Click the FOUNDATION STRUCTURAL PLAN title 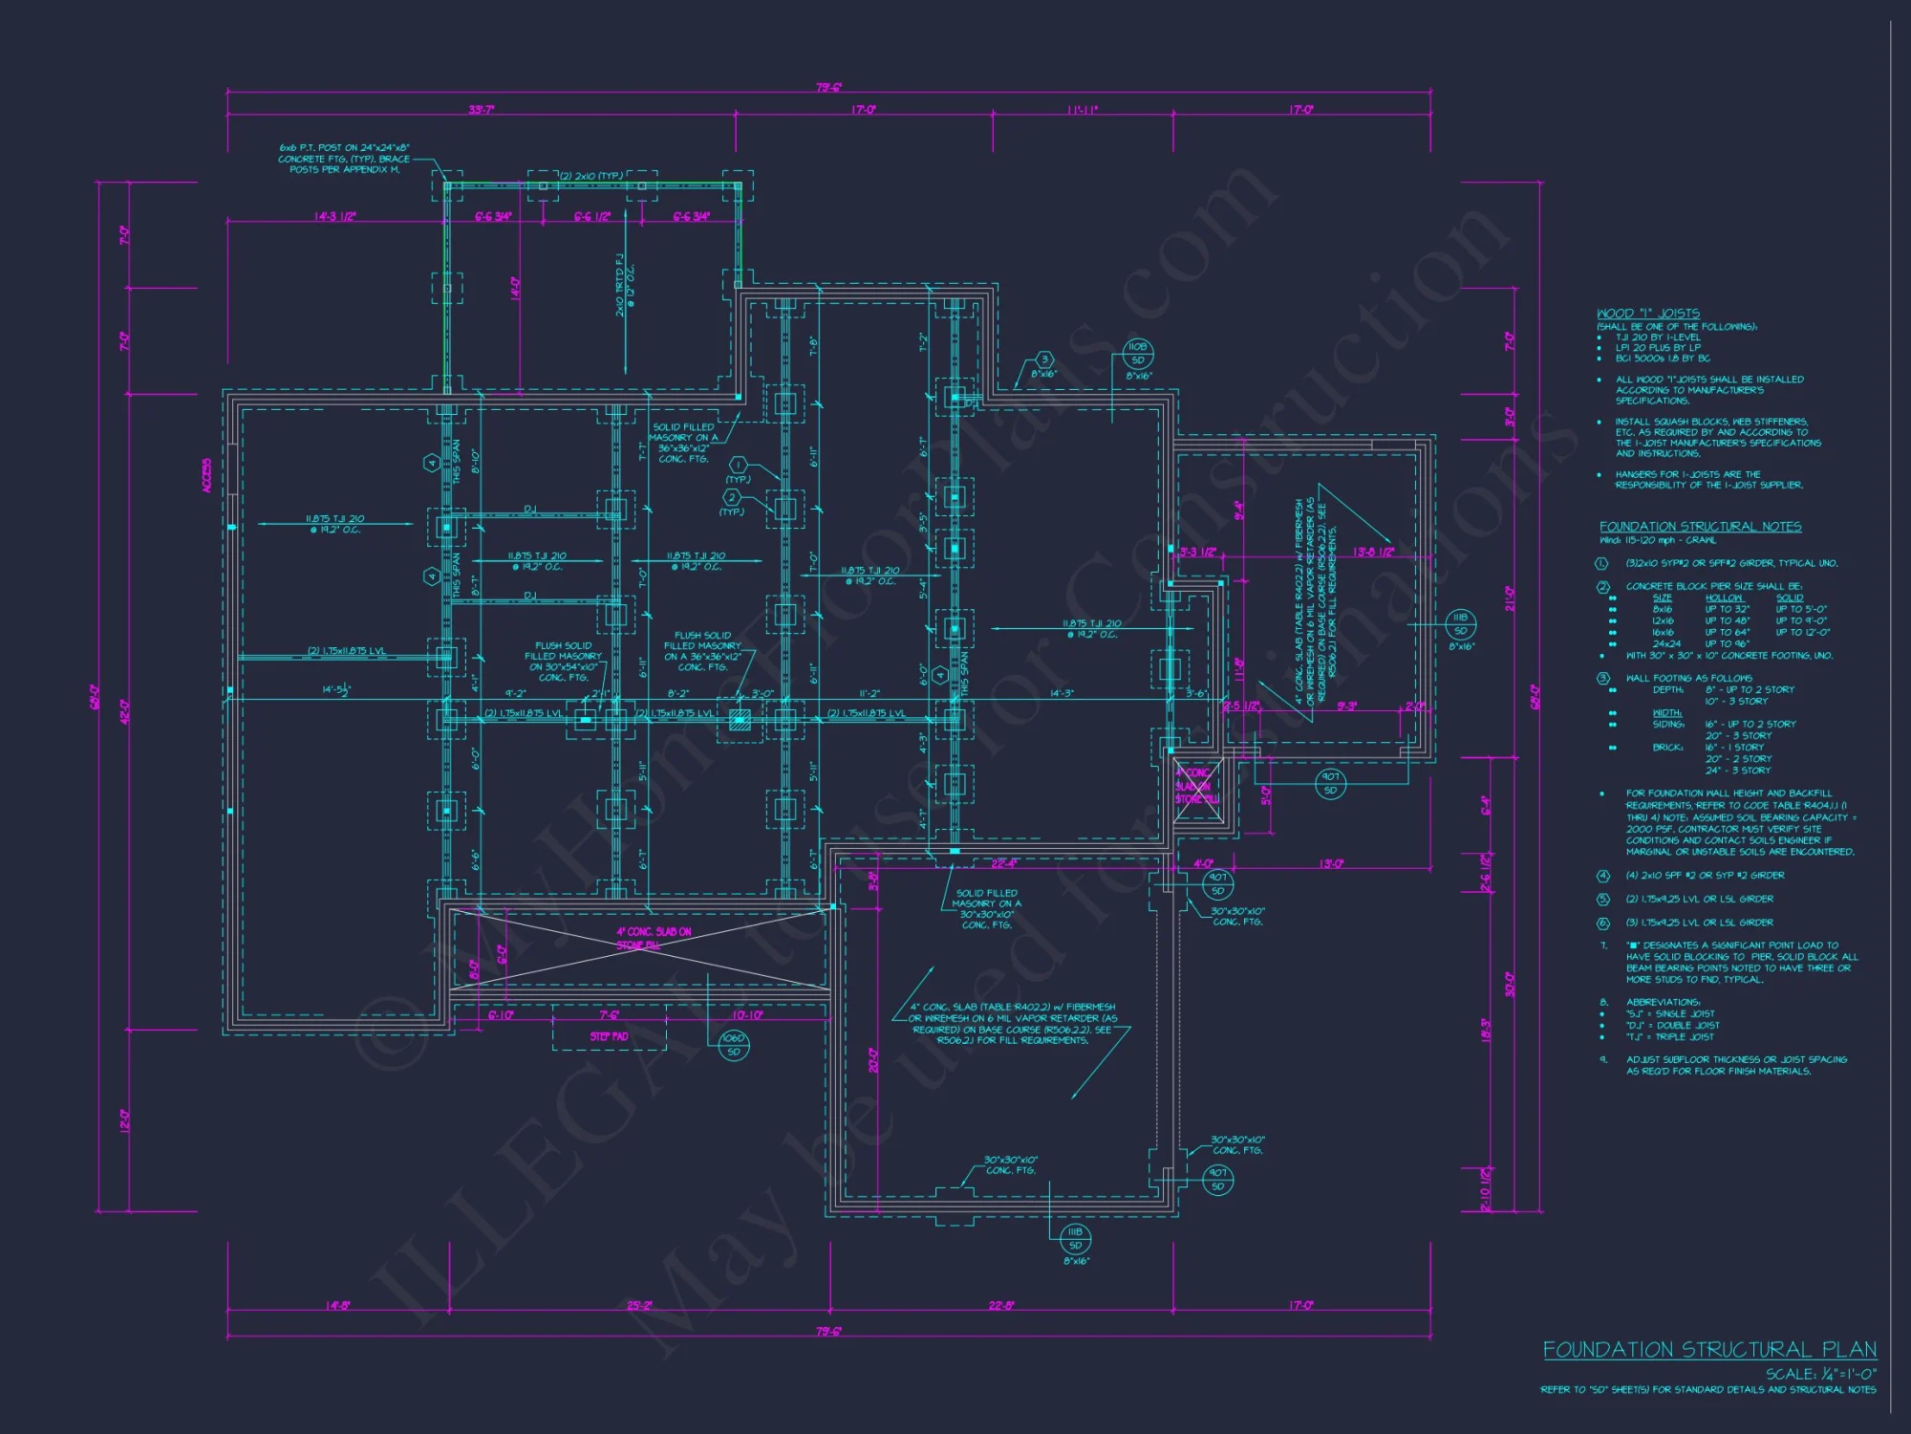click(x=1708, y=1349)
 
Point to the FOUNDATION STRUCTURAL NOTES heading click(x=1700, y=527)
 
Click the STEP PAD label click(x=609, y=1036)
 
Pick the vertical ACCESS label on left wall click(x=207, y=476)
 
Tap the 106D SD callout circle click(x=733, y=1045)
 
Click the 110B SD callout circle click(x=1137, y=354)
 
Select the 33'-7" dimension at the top click(x=481, y=110)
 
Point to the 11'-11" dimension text click(x=1082, y=110)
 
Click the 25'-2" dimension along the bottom click(x=639, y=1305)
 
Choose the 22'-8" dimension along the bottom click(x=1000, y=1305)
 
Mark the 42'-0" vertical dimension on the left click(x=124, y=712)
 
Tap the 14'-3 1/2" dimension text click(x=334, y=217)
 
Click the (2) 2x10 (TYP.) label click(x=590, y=176)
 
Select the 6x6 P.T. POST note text click(x=344, y=159)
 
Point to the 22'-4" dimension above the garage click(x=1003, y=863)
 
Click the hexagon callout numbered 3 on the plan click(x=1044, y=360)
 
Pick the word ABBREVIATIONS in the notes click(x=1663, y=1002)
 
